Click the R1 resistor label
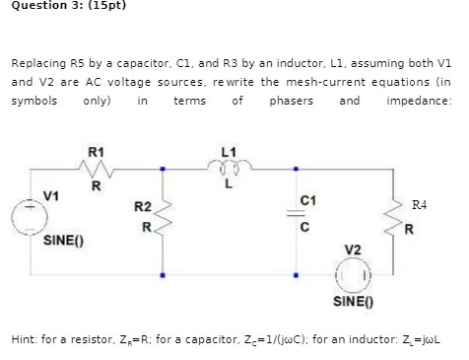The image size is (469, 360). [x=95, y=152]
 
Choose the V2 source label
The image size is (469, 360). [x=352, y=249]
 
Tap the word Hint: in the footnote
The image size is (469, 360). [x=27, y=337]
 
